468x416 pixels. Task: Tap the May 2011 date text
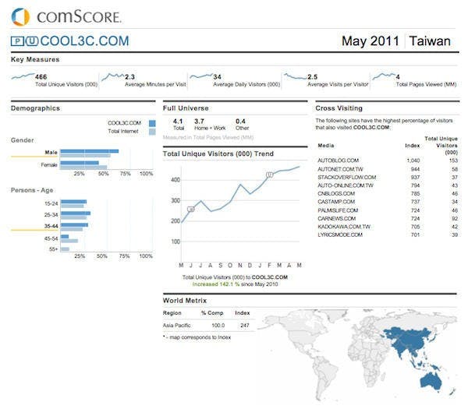[x=370, y=41]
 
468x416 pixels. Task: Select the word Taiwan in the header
[x=430, y=41]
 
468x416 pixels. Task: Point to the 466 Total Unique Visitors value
[x=41, y=76]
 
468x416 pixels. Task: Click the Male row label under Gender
[x=51, y=152]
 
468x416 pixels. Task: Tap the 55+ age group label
[x=53, y=249]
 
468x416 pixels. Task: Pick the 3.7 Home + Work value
[x=200, y=122]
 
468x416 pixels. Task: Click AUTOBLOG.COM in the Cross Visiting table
[x=338, y=160]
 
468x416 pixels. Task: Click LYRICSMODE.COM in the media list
[x=340, y=234]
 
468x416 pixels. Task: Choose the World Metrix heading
[x=184, y=300]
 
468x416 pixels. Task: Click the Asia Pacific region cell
[x=177, y=325]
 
